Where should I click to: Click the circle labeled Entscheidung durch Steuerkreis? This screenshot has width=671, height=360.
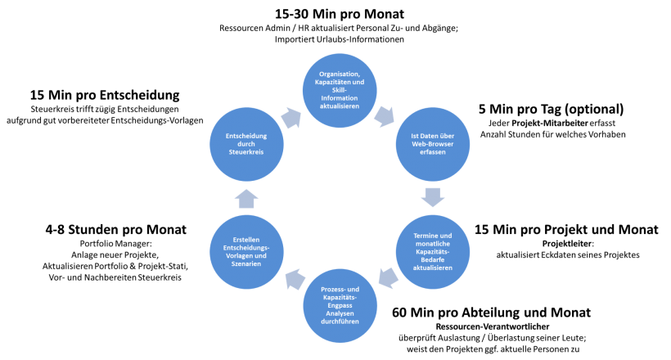click(x=246, y=144)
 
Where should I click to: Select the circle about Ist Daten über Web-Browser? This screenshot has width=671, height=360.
click(x=433, y=144)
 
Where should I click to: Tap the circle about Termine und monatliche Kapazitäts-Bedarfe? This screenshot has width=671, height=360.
click(x=433, y=252)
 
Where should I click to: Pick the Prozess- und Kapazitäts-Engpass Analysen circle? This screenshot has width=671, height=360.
click(x=340, y=305)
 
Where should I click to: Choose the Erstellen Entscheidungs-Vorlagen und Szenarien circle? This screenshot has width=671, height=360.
click(x=246, y=252)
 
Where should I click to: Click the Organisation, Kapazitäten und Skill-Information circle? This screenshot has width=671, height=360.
click(x=340, y=91)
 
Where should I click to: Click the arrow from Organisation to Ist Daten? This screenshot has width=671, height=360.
click(x=383, y=116)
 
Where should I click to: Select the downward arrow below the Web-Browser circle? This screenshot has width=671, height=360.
click(x=433, y=197)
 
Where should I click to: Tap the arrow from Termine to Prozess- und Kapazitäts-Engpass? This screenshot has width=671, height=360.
click(x=388, y=278)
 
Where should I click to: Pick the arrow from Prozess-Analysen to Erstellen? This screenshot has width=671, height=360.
click(x=294, y=281)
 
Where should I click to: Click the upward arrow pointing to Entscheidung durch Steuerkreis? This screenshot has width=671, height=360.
click(x=246, y=197)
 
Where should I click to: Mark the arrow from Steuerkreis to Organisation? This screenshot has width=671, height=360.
click(x=290, y=118)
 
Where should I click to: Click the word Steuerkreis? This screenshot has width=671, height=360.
click(x=246, y=152)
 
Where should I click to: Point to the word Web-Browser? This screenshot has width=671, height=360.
click(x=433, y=144)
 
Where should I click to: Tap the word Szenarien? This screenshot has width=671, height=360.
click(x=246, y=264)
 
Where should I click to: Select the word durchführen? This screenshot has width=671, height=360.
click(x=340, y=322)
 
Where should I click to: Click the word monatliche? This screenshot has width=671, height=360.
click(x=433, y=244)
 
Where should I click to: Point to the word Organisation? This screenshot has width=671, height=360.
click(x=340, y=74)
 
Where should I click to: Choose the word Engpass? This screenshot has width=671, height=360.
click(x=340, y=305)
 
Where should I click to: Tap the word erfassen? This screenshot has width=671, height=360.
click(x=433, y=152)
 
